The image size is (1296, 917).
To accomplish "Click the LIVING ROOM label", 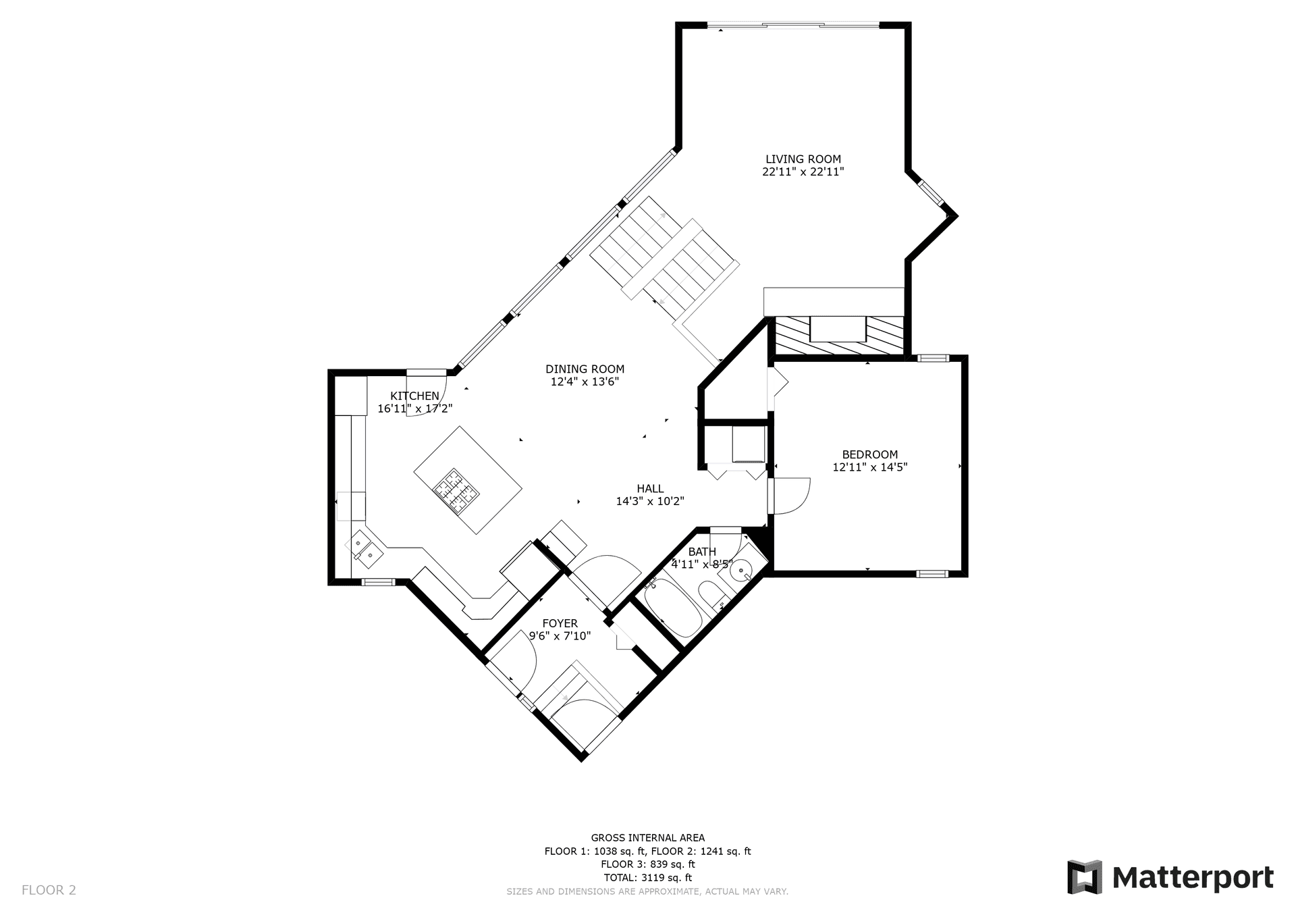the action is (x=803, y=159).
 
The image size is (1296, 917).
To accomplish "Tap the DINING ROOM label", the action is (x=585, y=369).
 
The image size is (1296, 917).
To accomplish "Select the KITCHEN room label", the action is (x=415, y=396).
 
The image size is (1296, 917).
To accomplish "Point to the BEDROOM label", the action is (x=870, y=455).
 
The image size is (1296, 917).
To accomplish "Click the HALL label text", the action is (x=650, y=489).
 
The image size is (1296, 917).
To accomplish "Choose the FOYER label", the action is (x=560, y=624).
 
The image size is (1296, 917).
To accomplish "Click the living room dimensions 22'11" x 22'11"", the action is (x=803, y=172).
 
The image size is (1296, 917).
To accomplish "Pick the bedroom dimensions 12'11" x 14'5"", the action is (x=870, y=467).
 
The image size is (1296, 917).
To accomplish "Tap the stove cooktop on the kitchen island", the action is (x=456, y=490).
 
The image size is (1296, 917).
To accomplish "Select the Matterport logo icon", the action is (x=1084, y=877).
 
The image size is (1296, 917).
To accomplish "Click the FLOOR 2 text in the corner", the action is (x=49, y=890).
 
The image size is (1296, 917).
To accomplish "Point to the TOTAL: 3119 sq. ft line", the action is (x=648, y=878).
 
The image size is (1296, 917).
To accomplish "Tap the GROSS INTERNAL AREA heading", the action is (x=648, y=838).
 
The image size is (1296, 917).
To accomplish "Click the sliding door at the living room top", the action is (x=793, y=26).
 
